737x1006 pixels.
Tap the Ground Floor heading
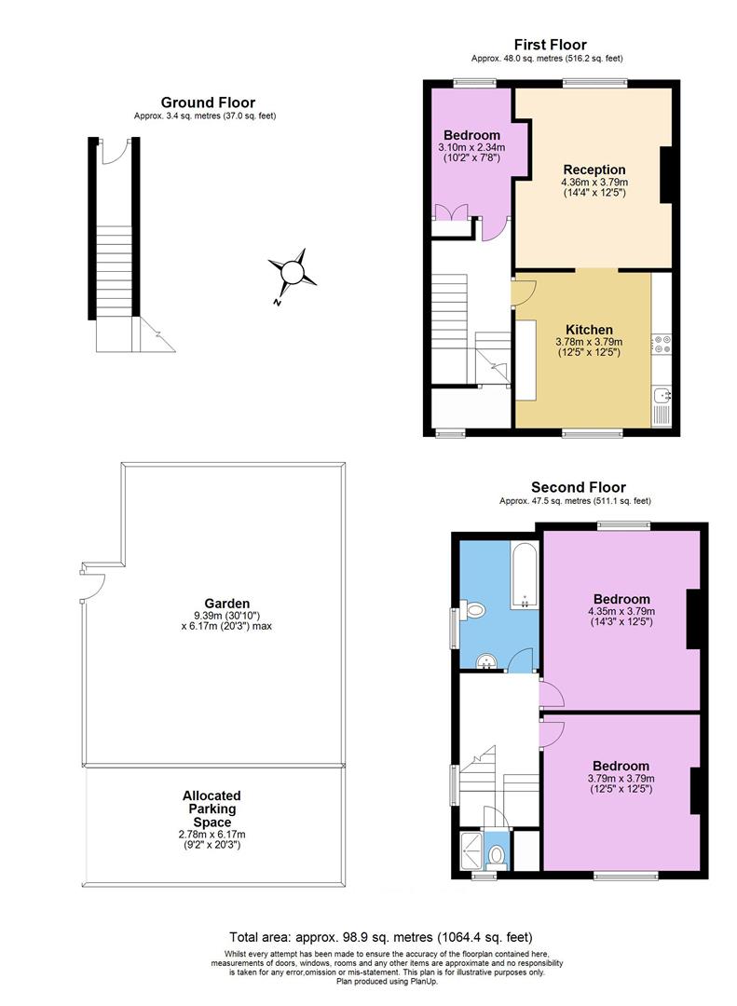tap(208, 102)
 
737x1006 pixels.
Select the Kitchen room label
tap(589, 330)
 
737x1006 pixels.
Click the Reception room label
tap(594, 170)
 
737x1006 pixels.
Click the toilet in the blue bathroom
tap(475, 611)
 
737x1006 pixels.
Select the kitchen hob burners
tap(662, 344)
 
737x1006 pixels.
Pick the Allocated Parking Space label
tap(212, 809)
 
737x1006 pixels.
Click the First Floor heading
tap(550, 44)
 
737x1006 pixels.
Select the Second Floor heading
tap(578, 487)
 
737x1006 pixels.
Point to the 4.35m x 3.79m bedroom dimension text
tap(621, 611)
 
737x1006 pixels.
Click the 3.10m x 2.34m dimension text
tap(471, 147)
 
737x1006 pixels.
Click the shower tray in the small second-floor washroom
tap(473, 849)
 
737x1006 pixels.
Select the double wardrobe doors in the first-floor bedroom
tap(451, 211)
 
